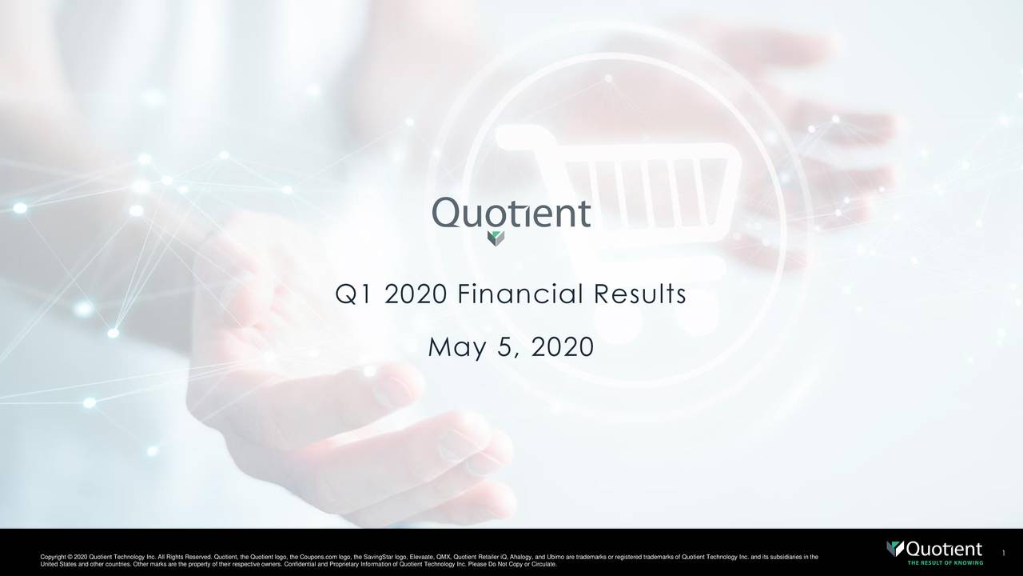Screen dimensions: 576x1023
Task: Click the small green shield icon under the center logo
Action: point(496,238)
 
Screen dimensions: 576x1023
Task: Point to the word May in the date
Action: point(456,349)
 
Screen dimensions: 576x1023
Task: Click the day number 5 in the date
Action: point(506,348)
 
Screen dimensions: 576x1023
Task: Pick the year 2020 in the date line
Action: point(561,348)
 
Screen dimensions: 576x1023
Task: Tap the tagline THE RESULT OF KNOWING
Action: point(945,562)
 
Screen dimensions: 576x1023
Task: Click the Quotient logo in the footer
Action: point(935,550)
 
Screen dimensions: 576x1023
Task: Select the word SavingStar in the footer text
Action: point(389,557)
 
